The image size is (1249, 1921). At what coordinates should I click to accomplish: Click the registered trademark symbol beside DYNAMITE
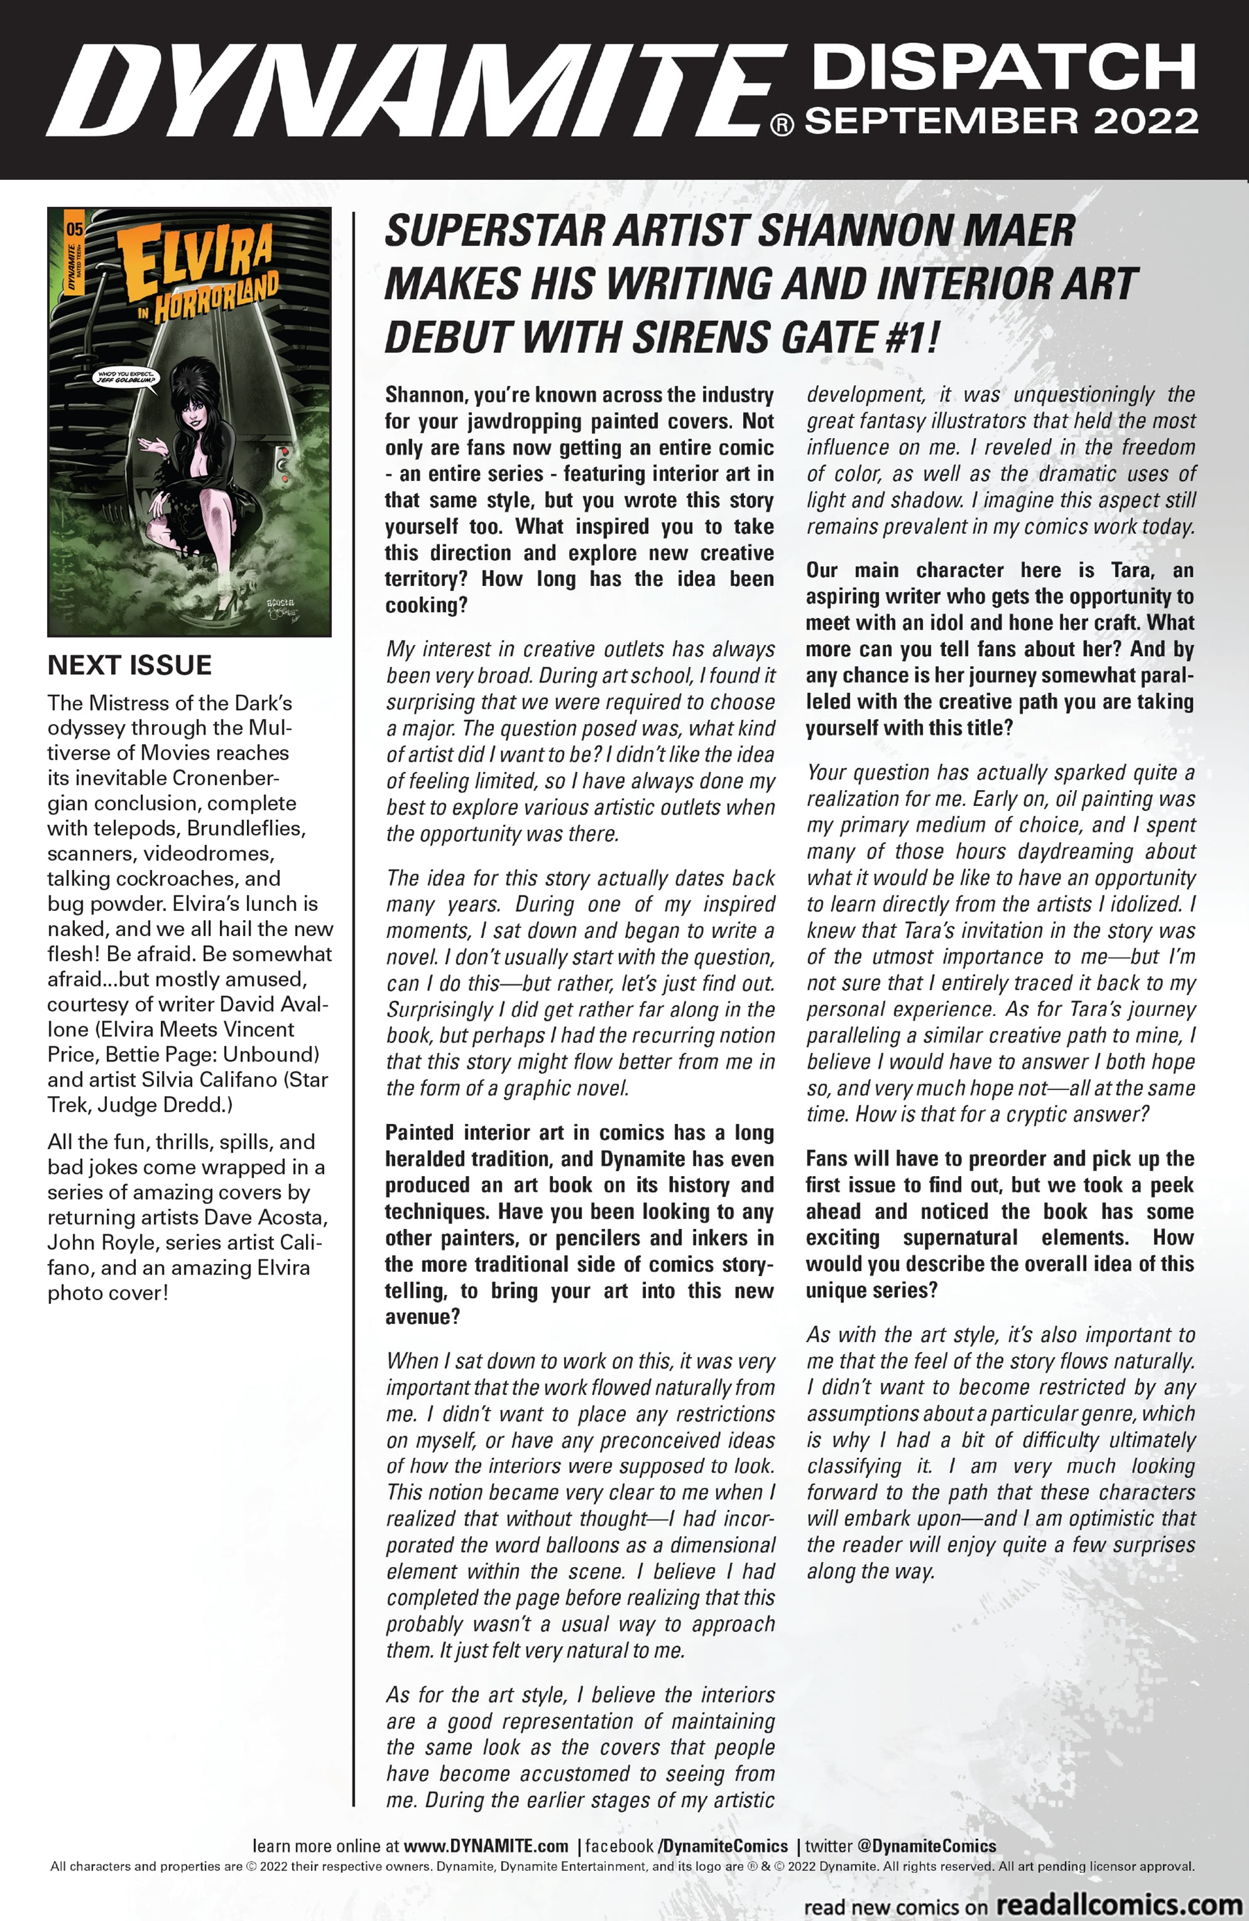(x=782, y=126)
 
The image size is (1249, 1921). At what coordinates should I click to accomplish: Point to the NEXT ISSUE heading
(x=130, y=665)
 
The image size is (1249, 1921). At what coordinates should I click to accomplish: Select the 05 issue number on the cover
(x=74, y=228)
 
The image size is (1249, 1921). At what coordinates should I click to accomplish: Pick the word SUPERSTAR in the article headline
(x=495, y=231)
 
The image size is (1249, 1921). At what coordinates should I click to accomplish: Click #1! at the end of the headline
(x=911, y=337)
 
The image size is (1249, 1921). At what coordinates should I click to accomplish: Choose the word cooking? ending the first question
(x=426, y=605)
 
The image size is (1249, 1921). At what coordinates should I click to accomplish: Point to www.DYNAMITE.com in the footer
(x=486, y=1846)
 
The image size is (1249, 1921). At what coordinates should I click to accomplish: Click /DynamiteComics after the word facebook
(x=723, y=1846)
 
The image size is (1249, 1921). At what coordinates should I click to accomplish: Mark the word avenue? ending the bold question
(x=422, y=1316)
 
